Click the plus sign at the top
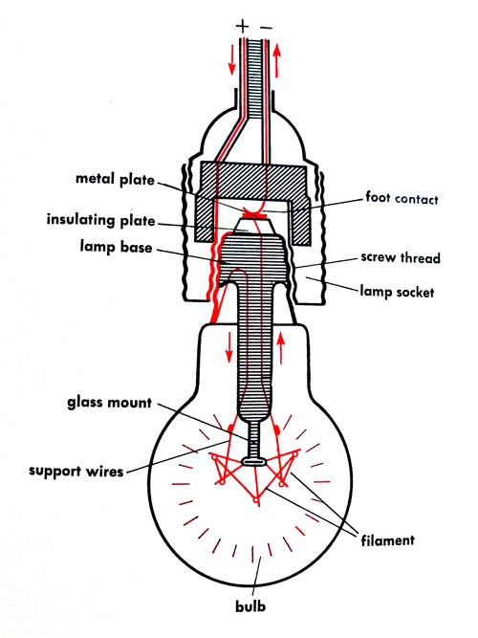[242, 27]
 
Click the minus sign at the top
[267, 28]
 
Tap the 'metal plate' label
[116, 179]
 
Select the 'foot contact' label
[402, 198]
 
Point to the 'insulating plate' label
[101, 220]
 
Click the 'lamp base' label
[117, 247]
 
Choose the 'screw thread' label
[401, 257]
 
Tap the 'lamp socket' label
[397, 292]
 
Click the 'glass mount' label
[109, 403]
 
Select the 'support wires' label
[76, 472]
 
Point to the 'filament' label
[388, 539]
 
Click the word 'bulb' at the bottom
[250, 605]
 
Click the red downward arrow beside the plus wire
[232, 60]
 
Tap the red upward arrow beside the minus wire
[277, 60]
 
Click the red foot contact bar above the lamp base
[254, 212]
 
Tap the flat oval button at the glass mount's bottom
[254, 461]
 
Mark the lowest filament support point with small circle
[255, 499]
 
